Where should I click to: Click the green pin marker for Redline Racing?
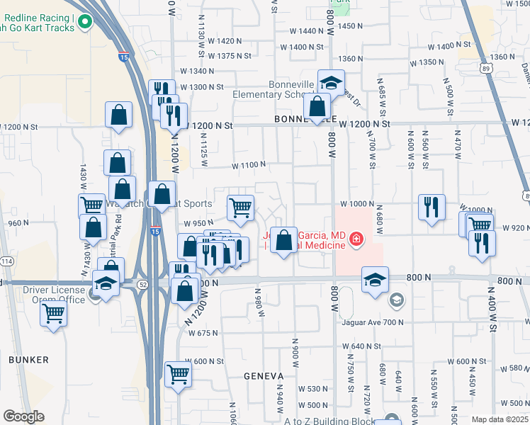(x=86, y=23)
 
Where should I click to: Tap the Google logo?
(x=23, y=416)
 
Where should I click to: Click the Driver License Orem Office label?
(x=54, y=295)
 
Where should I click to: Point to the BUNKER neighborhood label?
(x=29, y=360)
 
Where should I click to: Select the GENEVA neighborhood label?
(x=264, y=375)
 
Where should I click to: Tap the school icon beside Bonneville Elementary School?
(x=331, y=83)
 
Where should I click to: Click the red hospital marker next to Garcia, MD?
(x=355, y=242)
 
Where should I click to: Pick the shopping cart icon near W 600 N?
(x=178, y=373)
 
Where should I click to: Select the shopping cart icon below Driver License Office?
(x=55, y=313)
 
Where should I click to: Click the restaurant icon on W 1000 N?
(x=432, y=207)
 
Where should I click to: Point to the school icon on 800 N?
(x=375, y=279)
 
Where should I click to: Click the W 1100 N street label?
(x=248, y=165)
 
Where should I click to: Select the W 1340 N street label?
(x=197, y=71)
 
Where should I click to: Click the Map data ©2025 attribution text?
(x=500, y=419)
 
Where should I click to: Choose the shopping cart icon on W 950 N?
(x=241, y=208)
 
